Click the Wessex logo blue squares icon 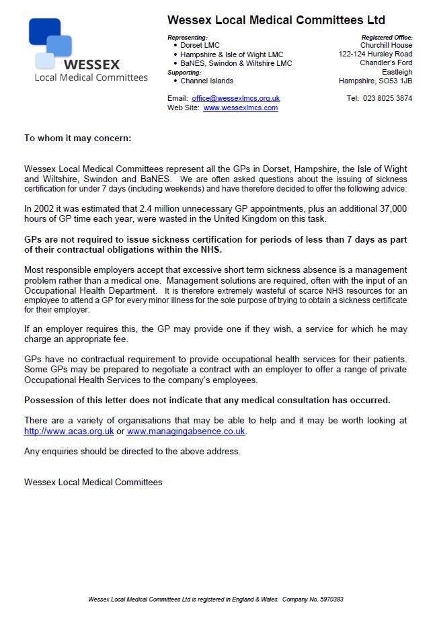pyautogui.click(x=50, y=42)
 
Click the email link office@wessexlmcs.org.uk pyautogui.click(x=235, y=98)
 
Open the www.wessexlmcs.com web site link pyautogui.click(x=240, y=108)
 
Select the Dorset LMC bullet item pyautogui.click(x=199, y=46)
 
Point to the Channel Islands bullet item pyautogui.click(x=206, y=81)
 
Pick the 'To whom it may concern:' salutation pyautogui.click(x=77, y=138)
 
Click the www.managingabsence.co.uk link pyautogui.click(x=186, y=431)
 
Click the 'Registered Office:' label pyautogui.click(x=387, y=38)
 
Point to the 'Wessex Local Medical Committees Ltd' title pyautogui.click(x=276, y=21)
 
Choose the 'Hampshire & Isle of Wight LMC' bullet pyautogui.click(x=231, y=54)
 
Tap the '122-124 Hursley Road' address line pyautogui.click(x=375, y=54)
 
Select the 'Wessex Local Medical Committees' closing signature pyautogui.click(x=93, y=482)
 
